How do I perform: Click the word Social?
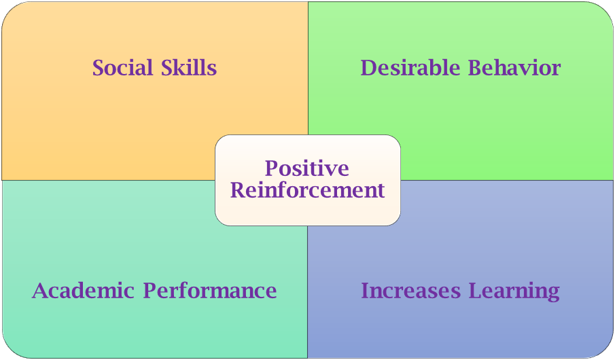pos(122,67)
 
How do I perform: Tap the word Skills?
pos(189,67)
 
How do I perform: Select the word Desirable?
pos(410,67)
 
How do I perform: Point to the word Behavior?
pos(514,67)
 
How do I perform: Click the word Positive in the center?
pos(307,168)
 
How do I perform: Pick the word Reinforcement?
pos(307,190)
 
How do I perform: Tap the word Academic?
pos(83,291)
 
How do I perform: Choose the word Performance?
pos(210,291)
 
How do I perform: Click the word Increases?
pos(410,291)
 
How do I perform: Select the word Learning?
pos(514,291)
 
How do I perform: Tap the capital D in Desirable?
pos(369,67)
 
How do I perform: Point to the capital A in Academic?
pos(41,291)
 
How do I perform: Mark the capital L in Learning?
pos(476,291)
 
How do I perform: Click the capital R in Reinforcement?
pos(239,190)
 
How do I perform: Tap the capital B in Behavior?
pos(476,67)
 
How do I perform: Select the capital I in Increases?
pos(366,291)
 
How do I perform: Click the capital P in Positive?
pos(273,168)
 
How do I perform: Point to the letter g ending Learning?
pos(553,294)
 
